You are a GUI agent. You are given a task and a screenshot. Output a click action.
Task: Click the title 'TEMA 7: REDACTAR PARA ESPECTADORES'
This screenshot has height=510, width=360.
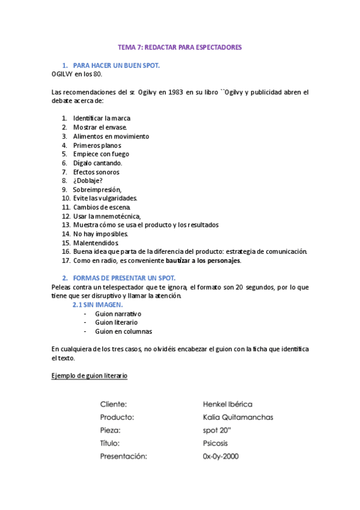[x=179, y=47]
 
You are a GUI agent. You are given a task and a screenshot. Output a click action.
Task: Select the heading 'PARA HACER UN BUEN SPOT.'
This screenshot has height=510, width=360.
[x=116, y=65]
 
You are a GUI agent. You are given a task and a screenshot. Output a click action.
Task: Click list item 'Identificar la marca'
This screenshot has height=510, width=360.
[x=102, y=118]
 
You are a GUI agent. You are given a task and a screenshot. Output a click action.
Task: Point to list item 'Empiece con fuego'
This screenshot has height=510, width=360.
[x=101, y=154]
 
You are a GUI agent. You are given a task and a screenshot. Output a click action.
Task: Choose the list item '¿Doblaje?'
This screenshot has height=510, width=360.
[x=88, y=180]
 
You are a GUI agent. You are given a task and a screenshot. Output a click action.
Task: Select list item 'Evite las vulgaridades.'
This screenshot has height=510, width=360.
[x=105, y=198]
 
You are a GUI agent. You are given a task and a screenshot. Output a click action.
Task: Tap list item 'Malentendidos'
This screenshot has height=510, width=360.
[x=96, y=242]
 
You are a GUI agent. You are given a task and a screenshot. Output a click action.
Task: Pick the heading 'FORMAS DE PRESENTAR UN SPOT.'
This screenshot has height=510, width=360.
[x=124, y=278]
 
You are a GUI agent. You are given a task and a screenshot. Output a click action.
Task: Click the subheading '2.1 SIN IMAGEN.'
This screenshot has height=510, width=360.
[x=97, y=305]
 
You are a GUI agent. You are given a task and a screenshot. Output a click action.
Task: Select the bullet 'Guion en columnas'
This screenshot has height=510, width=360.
[x=124, y=331]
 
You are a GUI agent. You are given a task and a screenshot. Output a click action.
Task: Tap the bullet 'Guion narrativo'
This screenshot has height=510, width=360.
[x=118, y=314]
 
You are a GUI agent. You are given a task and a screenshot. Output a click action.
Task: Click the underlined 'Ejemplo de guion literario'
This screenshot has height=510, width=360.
[x=90, y=376]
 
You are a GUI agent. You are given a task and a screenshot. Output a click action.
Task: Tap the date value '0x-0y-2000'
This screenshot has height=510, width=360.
[x=221, y=456]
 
